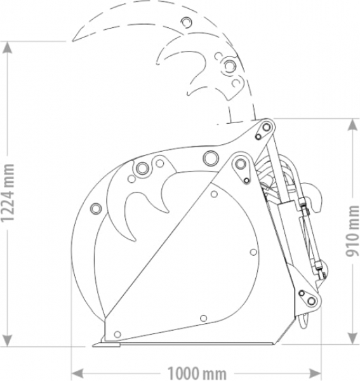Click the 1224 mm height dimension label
pos(7,193)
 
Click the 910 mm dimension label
pos(352,231)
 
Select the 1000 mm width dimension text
pos(197,373)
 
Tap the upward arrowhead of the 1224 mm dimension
pos(7,48)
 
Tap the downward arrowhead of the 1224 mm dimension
pos(7,340)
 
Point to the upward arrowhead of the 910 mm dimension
pos(352,125)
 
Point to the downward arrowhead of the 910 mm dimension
pos(352,338)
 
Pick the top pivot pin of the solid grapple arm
pos(266,127)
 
